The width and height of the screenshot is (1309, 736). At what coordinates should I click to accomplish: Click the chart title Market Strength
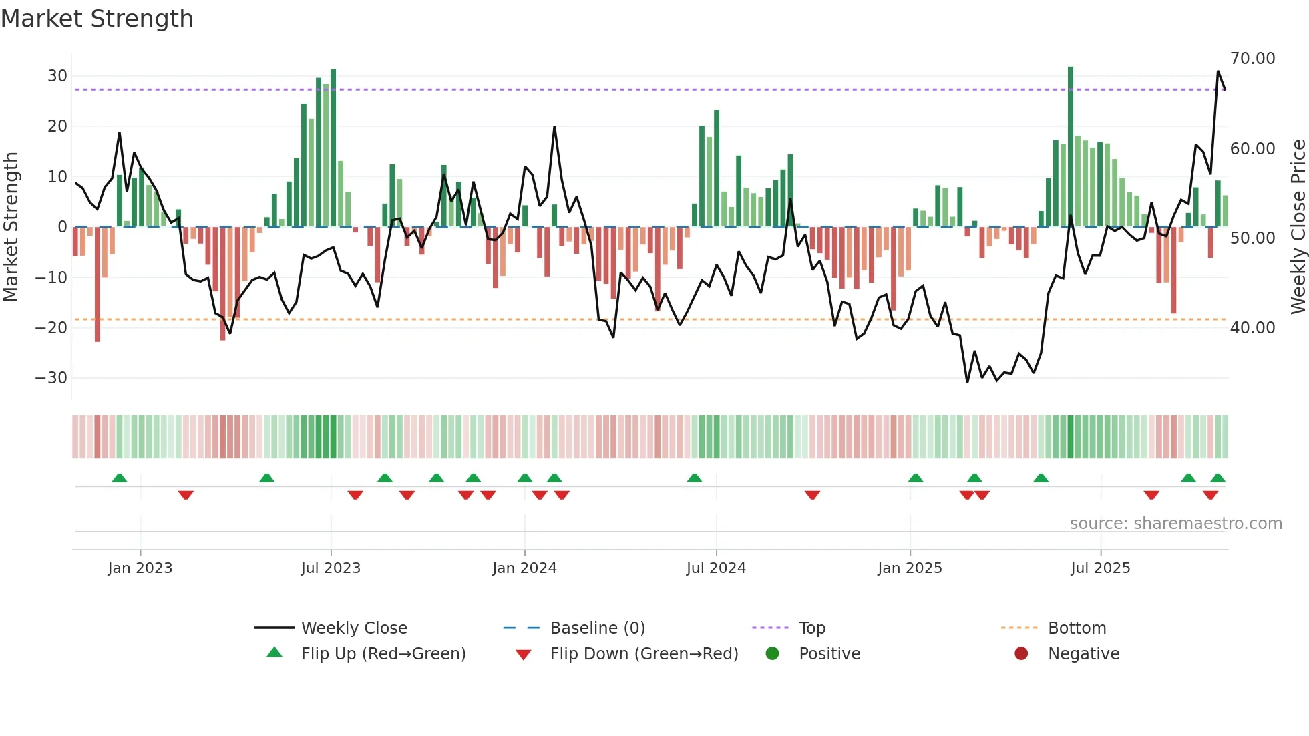point(97,19)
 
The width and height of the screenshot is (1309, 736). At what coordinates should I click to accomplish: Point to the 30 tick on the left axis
point(57,76)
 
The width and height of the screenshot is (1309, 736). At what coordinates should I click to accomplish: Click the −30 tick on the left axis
point(51,378)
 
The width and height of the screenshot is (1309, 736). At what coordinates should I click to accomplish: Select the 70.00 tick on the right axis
point(1252,59)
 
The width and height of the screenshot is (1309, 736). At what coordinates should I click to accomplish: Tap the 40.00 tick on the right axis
point(1252,328)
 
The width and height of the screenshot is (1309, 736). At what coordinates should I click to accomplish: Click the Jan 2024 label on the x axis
point(524,568)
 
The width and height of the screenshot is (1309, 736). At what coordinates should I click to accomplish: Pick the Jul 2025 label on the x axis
point(1100,568)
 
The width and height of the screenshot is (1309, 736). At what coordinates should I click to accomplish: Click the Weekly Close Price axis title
point(1298,227)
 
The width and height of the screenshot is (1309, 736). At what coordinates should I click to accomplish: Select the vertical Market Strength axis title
point(11,227)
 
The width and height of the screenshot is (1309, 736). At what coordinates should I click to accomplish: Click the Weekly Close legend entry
point(353,628)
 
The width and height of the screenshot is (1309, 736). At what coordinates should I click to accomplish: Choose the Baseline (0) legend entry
point(597,628)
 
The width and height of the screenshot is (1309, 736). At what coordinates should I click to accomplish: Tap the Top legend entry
point(811,628)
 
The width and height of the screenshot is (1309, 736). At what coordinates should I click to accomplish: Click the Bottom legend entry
point(1077,628)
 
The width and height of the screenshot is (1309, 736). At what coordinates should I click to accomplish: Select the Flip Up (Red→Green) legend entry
point(383,654)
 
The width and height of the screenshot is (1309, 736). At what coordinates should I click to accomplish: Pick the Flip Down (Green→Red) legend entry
point(644,654)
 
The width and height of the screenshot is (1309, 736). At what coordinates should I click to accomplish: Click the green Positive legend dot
point(773,654)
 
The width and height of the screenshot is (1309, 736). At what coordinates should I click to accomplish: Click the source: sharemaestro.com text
point(1175,524)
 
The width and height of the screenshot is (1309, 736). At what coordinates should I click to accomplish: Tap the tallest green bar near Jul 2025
point(1071,147)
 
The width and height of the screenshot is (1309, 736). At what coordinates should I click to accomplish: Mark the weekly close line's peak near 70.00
point(1218,71)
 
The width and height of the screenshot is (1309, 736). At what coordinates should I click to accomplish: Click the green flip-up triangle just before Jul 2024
point(695,478)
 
